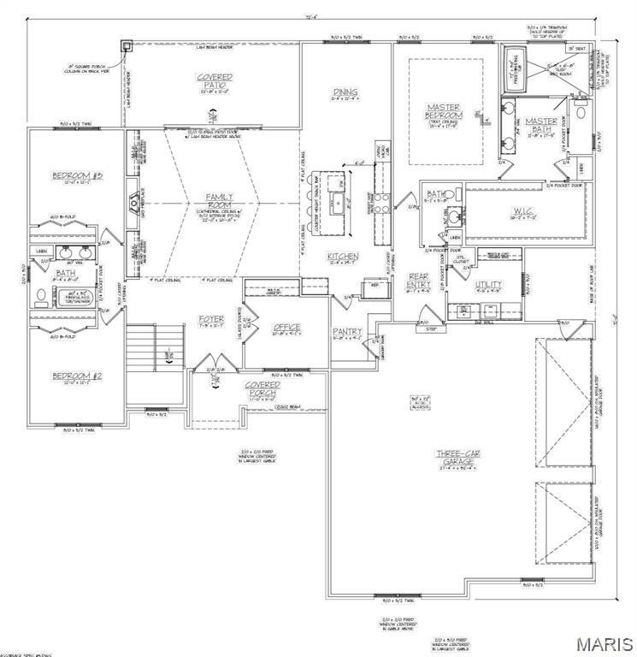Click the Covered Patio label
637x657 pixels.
click(x=215, y=81)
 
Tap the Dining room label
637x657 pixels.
click(x=345, y=92)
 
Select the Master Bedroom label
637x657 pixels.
click(x=445, y=111)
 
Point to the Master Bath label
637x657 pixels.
click(x=541, y=126)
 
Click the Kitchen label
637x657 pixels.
click(x=342, y=256)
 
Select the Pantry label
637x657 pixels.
click(x=347, y=331)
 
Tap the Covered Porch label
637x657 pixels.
click(x=262, y=389)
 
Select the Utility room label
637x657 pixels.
click(x=488, y=284)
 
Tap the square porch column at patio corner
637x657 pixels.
click(x=127, y=47)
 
